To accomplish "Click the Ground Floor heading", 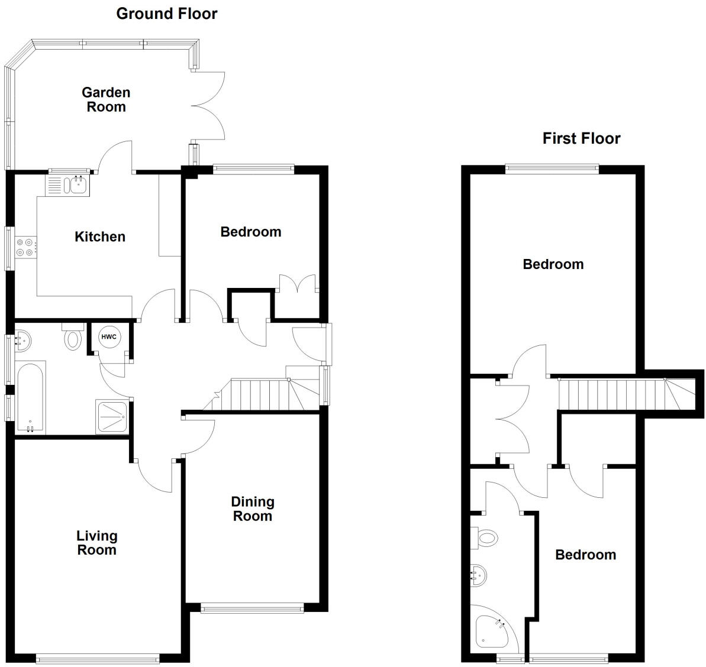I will click(166, 14).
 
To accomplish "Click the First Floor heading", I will click(581, 138).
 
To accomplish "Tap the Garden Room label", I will click(106, 99).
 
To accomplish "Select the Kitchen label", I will click(100, 237).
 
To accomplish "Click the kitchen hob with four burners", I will click(26, 247).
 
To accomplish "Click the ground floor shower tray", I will click(111, 417).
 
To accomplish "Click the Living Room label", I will click(96, 543).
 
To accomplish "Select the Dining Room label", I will click(253, 509).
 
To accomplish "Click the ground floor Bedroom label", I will click(250, 232).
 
